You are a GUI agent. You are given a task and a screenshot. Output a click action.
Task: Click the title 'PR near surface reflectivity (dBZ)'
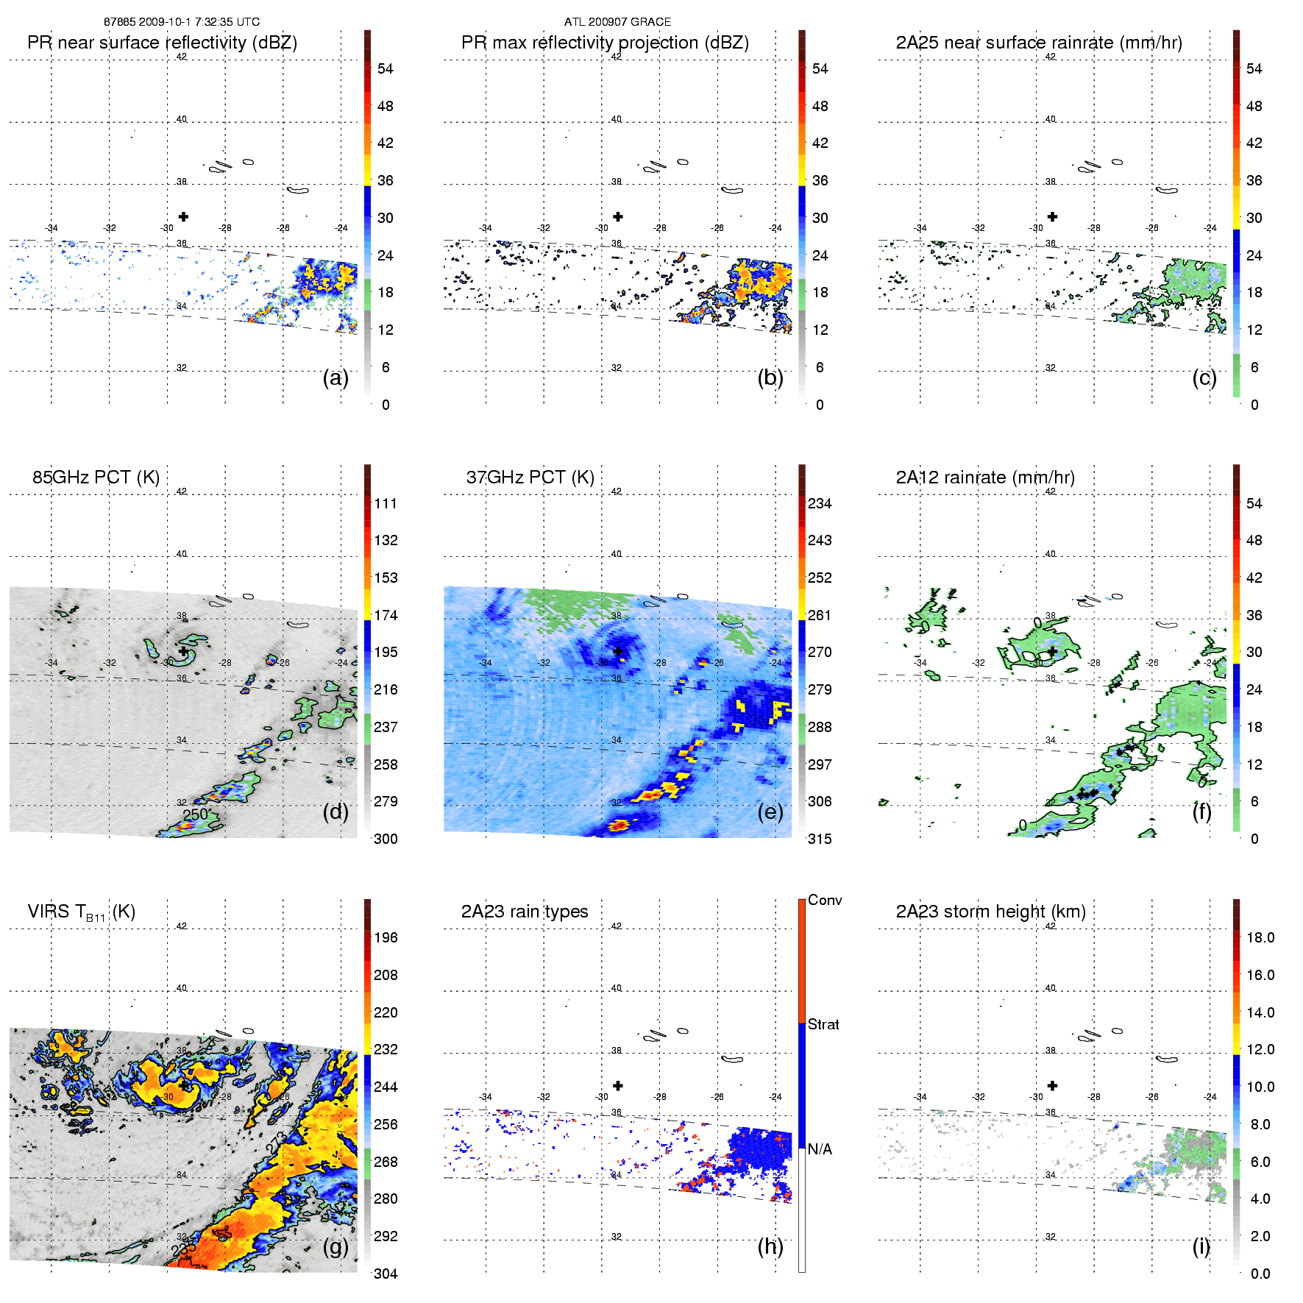click(162, 43)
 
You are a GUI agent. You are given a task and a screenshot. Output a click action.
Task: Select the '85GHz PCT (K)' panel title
click(96, 477)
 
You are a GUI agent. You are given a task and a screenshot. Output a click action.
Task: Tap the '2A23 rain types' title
click(525, 912)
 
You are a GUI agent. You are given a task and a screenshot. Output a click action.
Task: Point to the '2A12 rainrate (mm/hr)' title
click(985, 477)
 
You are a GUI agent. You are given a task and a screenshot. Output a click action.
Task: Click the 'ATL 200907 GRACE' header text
click(617, 22)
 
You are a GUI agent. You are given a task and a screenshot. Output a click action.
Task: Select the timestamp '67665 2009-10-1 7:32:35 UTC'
click(182, 22)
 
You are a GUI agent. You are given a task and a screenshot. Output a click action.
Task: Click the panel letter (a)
click(335, 377)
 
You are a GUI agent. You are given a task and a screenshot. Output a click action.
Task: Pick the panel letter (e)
click(770, 812)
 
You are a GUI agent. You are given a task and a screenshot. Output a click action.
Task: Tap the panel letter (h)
click(770, 1246)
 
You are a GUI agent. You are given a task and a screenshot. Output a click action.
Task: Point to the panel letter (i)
click(1201, 1246)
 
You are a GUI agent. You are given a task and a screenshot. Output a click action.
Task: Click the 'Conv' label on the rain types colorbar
click(825, 900)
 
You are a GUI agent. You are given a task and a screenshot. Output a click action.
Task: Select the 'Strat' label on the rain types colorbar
click(823, 1024)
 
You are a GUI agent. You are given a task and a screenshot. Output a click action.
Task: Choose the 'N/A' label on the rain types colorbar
click(820, 1149)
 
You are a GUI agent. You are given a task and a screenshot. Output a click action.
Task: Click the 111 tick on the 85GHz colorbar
click(386, 503)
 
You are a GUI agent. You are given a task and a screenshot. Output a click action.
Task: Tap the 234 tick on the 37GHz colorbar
click(820, 503)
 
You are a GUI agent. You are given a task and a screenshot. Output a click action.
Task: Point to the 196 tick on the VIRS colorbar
click(386, 937)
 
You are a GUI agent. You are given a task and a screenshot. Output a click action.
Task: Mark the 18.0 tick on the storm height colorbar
click(1260, 937)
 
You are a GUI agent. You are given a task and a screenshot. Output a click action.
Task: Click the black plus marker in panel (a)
click(183, 216)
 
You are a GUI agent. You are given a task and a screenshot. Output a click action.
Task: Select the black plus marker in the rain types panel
click(618, 1085)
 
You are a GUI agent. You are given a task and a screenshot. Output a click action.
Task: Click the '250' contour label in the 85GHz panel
click(196, 814)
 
